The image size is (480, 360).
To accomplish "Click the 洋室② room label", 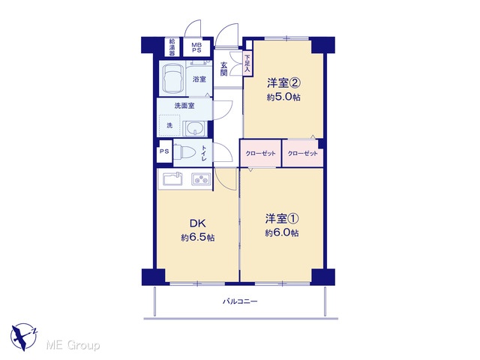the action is [x=283, y=83].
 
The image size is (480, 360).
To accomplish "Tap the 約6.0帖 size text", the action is [x=282, y=233].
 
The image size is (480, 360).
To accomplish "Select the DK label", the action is [x=198, y=223].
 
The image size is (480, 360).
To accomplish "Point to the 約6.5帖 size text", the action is [x=197, y=238].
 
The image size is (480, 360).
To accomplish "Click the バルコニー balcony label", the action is [x=240, y=301].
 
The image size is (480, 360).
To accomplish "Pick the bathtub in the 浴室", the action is [x=172, y=79].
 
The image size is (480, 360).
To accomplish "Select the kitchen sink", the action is [x=172, y=179].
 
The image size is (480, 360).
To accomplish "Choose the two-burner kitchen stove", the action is [x=201, y=179].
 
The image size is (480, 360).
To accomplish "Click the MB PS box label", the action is [x=196, y=47].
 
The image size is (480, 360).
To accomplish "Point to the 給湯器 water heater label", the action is [x=172, y=46].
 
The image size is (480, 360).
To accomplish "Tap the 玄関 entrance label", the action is [x=224, y=69].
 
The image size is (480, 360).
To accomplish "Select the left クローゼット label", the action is [x=260, y=153].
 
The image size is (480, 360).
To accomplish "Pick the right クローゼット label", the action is [x=302, y=153].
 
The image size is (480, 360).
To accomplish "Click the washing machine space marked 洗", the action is [x=169, y=125].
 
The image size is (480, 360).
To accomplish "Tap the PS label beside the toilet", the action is [x=164, y=151].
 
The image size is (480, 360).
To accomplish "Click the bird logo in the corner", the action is [x=23, y=337].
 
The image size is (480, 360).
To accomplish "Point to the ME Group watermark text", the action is [x=73, y=345].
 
